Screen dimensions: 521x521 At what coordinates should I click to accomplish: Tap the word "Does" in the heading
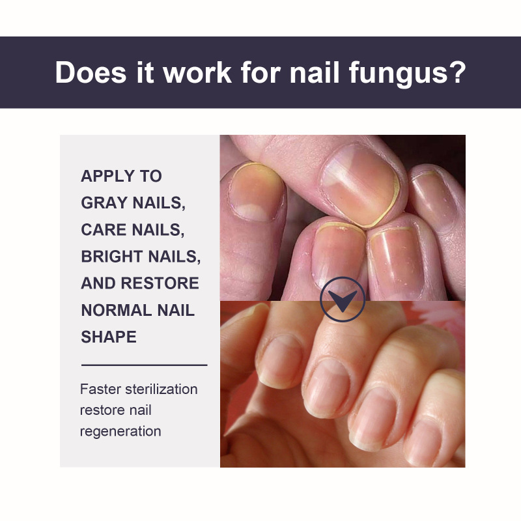(91, 72)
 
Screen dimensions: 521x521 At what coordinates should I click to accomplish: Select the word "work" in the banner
(197, 72)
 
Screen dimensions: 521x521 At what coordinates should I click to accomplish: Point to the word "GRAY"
(104, 203)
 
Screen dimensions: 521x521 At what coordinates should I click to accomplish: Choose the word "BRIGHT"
(111, 257)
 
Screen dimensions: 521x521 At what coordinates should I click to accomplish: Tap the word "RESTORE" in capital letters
(160, 283)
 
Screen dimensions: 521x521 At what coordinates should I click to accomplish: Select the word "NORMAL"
(117, 310)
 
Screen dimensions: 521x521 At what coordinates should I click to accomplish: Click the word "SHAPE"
(109, 337)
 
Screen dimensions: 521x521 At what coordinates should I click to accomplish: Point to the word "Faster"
(100, 389)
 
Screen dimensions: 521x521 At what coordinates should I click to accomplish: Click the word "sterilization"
(162, 389)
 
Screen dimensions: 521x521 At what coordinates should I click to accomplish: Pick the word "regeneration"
(120, 432)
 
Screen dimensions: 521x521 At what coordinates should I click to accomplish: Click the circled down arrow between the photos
(343, 300)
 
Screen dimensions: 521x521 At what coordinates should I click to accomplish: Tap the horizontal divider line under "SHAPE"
(144, 365)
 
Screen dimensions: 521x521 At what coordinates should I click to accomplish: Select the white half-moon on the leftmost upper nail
(251, 212)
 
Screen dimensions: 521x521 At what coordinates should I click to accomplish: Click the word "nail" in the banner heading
(315, 72)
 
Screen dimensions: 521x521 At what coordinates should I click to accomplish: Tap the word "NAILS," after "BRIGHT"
(175, 257)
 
